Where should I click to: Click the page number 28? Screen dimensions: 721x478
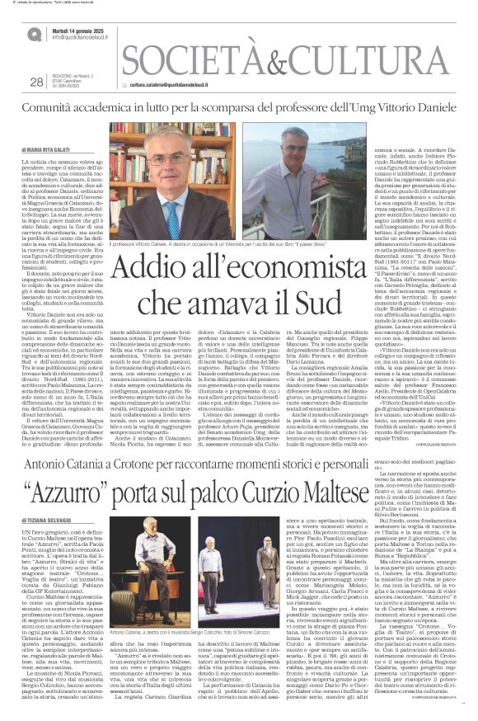pyautogui.click(x=35, y=81)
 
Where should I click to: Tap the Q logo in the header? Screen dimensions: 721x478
pyautogui.click(x=34, y=35)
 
